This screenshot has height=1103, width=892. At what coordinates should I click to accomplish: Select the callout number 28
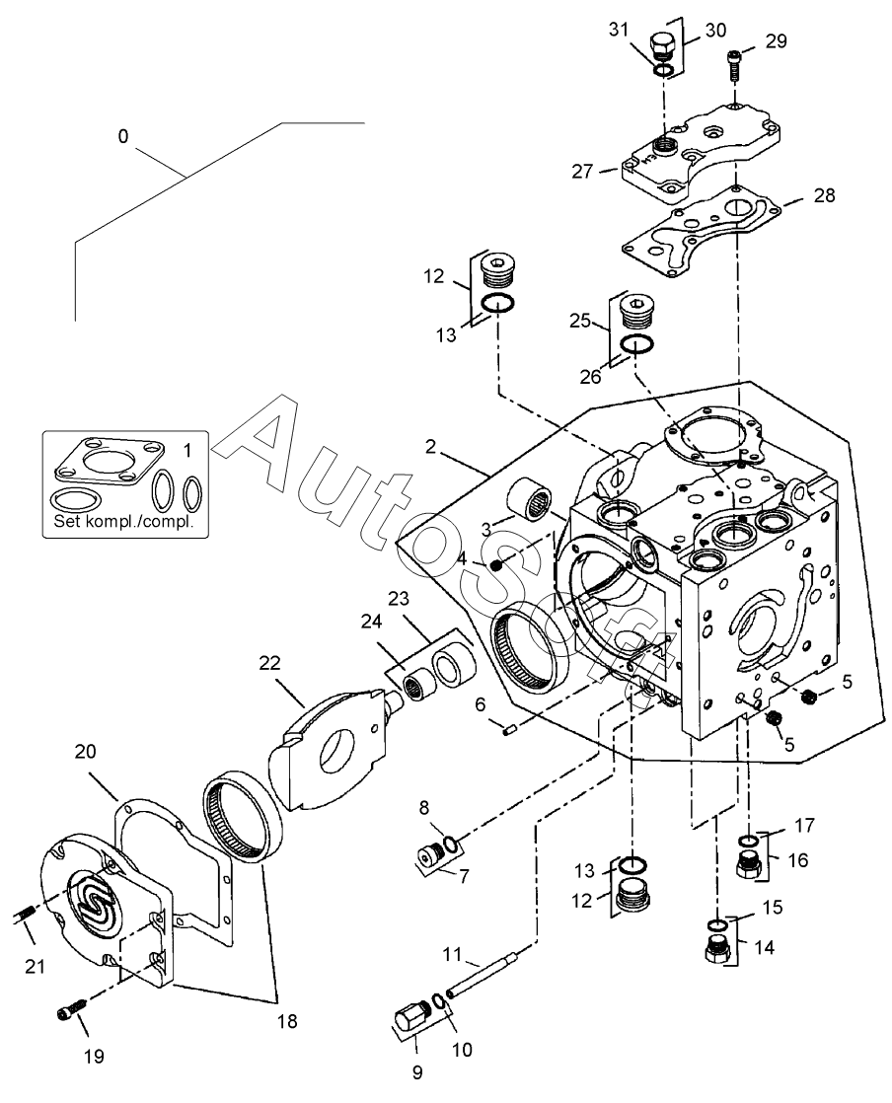824,195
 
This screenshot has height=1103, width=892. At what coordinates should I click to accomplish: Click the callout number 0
122,137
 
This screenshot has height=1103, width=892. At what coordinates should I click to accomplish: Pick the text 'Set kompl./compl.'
126,521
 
